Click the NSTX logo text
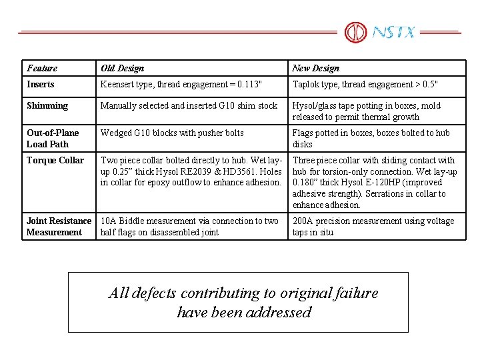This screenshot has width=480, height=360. tap(393, 32)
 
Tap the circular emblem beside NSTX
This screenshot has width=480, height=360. tap(355, 32)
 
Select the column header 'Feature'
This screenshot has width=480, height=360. tap(42, 68)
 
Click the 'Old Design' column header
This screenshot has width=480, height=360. tap(122, 68)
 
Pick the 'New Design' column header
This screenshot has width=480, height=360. tap(315, 68)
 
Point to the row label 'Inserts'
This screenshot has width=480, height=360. tap(41, 84)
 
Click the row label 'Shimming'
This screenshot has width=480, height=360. tap(47, 105)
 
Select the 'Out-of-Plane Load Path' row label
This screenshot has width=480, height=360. tap(53, 138)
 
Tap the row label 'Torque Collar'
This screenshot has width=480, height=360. tap(55, 160)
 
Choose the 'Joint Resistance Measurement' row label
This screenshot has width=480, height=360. tap(59, 226)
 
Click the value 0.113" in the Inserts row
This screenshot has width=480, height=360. tap(247, 85)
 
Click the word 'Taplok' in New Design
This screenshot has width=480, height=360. tap(307, 85)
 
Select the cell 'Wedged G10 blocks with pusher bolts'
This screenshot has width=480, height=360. tap(172, 133)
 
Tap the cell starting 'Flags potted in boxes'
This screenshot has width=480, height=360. tap(371, 138)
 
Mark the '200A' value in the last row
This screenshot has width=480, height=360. tap(303, 221)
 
